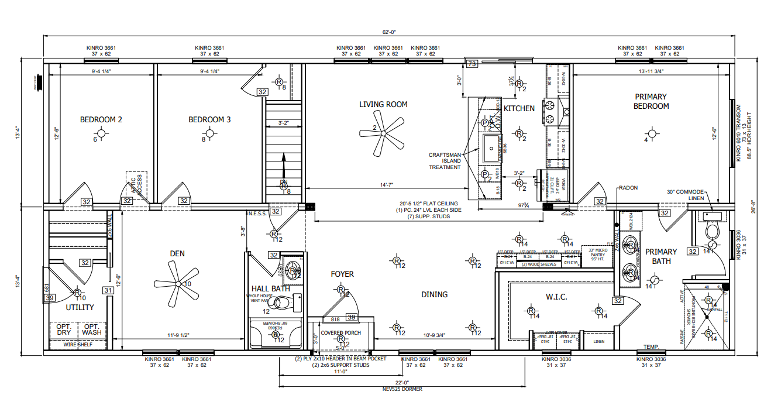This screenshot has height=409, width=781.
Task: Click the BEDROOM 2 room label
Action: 101,120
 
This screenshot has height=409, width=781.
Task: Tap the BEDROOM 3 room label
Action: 209,120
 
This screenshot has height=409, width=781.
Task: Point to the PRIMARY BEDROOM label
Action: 651,101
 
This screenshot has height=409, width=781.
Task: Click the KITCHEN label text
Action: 519,108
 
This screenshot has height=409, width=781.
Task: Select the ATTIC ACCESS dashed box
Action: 136,184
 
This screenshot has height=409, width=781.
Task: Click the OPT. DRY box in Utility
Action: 64,329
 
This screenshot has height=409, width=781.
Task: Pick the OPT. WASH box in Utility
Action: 91,329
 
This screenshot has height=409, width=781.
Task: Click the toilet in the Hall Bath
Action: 285,303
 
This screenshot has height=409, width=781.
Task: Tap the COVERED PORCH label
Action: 341,333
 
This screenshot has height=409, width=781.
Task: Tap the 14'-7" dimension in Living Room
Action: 386,185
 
